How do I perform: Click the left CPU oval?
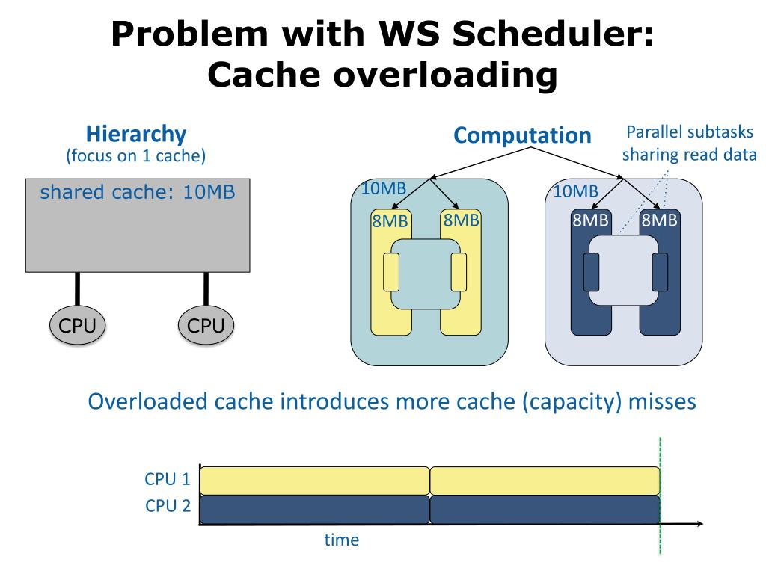77,326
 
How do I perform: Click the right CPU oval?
206,326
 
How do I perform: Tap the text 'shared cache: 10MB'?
138,192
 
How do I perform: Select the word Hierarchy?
135,134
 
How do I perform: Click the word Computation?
522,135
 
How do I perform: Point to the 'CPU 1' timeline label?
168,479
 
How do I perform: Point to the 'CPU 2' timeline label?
168,506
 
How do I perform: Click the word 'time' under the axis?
341,540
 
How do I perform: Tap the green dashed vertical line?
660,538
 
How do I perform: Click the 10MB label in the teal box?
383,188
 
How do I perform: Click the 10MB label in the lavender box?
575,191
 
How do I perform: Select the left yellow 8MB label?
390,221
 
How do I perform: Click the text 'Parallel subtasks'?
689,133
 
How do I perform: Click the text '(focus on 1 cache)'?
135,156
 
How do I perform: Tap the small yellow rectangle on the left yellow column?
390,272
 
